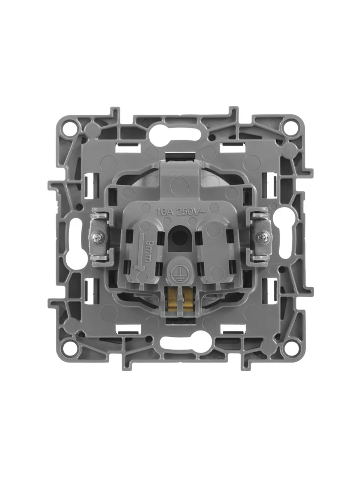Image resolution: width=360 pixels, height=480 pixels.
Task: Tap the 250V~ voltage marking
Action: coord(190,212)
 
